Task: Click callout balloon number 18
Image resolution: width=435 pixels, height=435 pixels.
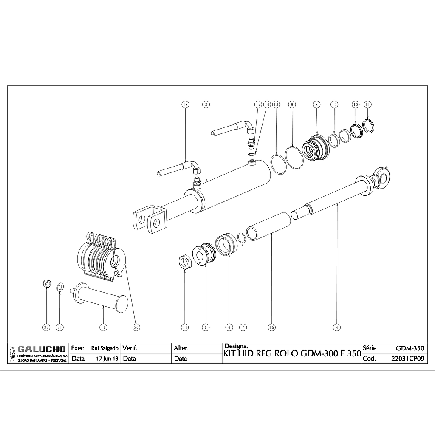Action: pos(185,104)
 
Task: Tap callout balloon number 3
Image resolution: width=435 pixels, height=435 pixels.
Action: pos(206,104)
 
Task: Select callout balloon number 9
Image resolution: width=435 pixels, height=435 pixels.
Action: pos(291,104)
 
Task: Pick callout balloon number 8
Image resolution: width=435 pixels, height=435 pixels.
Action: pos(316,104)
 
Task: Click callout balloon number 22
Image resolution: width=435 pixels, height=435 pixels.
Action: pos(46,327)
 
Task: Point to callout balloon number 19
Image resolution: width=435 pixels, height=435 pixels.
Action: pos(103,327)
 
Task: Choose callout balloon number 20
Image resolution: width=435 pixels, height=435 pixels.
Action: pos(136,327)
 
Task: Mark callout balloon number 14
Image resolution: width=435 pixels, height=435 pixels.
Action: pos(185,327)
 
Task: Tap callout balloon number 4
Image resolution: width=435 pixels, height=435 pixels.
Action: pos(337,327)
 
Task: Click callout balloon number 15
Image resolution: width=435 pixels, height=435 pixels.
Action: pos(272,327)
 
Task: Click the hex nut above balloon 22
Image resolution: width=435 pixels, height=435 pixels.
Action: pos(47,283)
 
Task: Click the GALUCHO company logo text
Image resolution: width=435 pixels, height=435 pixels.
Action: pos(42,349)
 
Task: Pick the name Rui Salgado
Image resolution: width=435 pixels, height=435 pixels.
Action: pos(105,348)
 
